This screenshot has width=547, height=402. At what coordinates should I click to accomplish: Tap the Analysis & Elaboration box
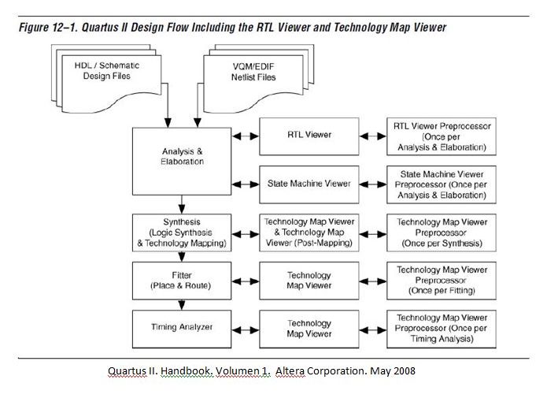pyautogui.click(x=182, y=156)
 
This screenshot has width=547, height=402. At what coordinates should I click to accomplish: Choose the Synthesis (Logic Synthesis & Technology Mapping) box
pyautogui.click(x=182, y=233)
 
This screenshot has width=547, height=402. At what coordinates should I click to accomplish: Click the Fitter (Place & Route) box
pyautogui.click(x=182, y=279)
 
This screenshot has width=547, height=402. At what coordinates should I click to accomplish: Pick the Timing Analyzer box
pyautogui.click(x=182, y=325)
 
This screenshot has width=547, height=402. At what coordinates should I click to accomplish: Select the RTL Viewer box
pyautogui.click(x=309, y=135)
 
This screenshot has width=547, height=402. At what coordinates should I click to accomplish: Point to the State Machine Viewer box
pyautogui.click(x=309, y=184)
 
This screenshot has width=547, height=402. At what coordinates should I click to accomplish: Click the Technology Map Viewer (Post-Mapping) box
pyautogui.click(x=309, y=233)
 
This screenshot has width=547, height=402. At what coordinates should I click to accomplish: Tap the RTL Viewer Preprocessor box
pyautogui.click(x=442, y=135)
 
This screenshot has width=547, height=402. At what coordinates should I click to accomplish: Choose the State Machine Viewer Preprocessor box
pyautogui.click(x=442, y=184)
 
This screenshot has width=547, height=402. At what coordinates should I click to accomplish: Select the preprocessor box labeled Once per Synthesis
pyautogui.click(x=442, y=233)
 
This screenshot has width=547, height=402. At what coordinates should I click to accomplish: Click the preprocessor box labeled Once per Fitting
pyautogui.click(x=442, y=279)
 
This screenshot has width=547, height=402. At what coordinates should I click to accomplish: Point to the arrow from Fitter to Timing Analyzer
pyautogui.click(x=182, y=303)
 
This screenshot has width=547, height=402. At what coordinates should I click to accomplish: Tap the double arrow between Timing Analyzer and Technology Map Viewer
pyautogui.click(x=245, y=325)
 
